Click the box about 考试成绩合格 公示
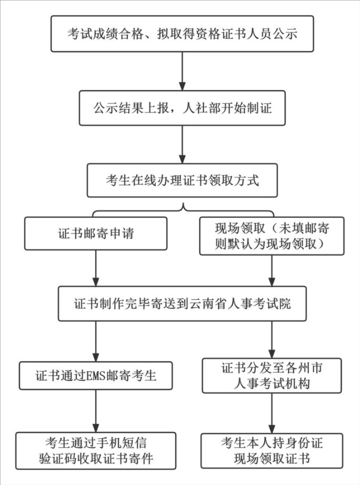[x=182, y=34]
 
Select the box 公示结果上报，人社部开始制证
[x=182, y=109]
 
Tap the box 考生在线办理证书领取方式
[x=182, y=179]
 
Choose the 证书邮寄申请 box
[x=95, y=234]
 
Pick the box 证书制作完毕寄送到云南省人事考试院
[x=182, y=304]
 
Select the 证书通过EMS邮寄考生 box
[x=95, y=375]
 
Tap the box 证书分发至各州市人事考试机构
[x=272, y=376]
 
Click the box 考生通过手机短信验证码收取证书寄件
[x=95, y=450]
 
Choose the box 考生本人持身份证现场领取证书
[x=272, y=450]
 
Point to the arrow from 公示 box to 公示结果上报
[x=182, y=71]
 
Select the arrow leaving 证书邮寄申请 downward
[x=95, y=268]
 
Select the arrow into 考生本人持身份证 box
[x=272, y=412]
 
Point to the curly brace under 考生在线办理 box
[x=182, y=209]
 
